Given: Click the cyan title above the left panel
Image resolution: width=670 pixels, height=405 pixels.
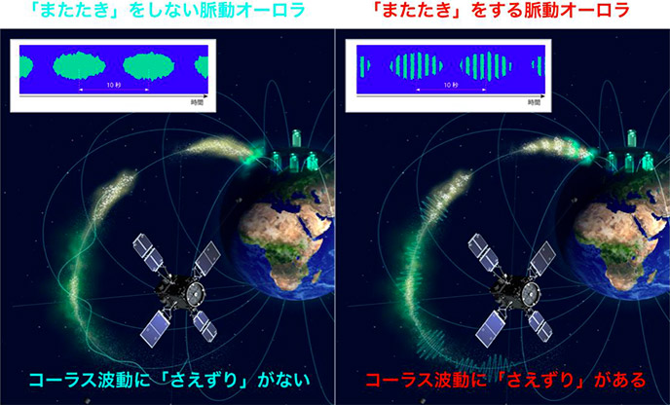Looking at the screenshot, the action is [x=167, y=10].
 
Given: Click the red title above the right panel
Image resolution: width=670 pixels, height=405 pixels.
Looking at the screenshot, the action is [x=502, y=10].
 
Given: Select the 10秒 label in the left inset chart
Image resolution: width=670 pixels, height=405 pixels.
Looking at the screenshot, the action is [x=114, y=85].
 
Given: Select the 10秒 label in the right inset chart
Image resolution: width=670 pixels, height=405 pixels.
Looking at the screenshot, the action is [x=451, y=85].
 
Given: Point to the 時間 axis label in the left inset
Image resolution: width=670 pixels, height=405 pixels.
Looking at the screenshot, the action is [x=198, y=102].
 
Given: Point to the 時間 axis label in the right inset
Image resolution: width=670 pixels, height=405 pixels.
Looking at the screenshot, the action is [x=534, y=102].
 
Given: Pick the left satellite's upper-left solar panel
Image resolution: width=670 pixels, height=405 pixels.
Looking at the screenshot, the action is [x=148, y=252].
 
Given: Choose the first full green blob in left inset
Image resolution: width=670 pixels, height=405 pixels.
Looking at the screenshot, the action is [x=79, y=65].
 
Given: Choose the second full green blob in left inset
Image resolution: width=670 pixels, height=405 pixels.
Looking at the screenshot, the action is [x=149, y=65].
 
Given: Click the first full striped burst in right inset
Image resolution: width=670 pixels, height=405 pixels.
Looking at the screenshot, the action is [x=416, y=66].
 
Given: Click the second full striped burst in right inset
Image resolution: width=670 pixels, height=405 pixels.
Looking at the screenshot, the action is [x=486, y=66].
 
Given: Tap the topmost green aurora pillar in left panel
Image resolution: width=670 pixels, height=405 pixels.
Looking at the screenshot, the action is [x=296, y=137].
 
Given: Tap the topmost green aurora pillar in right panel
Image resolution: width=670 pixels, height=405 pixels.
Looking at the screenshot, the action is [x=632, y=137].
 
